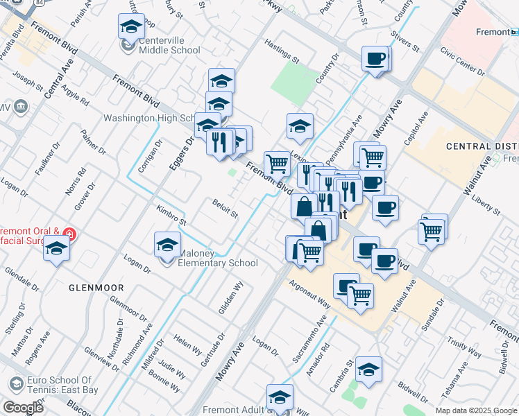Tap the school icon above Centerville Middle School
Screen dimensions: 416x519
130,28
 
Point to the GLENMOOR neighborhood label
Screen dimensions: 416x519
96,287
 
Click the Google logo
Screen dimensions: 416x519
23,408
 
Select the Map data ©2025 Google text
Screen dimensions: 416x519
475,410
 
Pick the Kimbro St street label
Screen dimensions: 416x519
171,215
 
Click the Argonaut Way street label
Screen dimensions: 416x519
310,292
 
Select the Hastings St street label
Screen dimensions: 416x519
281,51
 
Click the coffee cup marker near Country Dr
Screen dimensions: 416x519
375,59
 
